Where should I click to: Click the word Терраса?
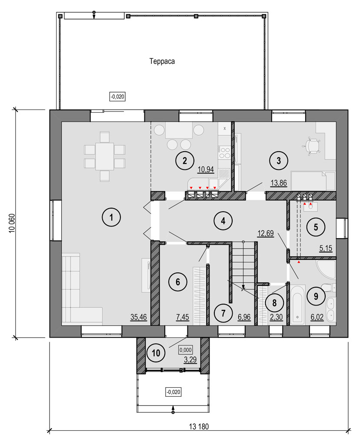pos(162,61)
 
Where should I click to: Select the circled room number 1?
pos(111,217)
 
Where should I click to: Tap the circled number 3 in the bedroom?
pos(279,161)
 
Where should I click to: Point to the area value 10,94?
pos(206,169)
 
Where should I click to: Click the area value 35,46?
pos(139,317)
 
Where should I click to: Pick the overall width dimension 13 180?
pos(199,426)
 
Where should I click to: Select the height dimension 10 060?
pos(12,223)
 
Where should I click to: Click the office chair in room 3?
pos(311,146)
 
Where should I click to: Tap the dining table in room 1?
pos(104,156)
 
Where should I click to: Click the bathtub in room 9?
pos(297,305)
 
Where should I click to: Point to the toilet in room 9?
pos(329,288)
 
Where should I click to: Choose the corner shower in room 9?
pos(326,269)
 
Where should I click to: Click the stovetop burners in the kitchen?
pos(224,153)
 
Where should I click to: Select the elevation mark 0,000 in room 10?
pos(185,350)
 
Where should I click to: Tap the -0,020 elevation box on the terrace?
pos(117,96)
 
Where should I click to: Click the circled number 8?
pos(274,303)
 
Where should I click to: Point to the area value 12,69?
pos(266,233)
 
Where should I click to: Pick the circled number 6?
pos(178,282)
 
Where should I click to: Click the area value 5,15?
pos(326,248)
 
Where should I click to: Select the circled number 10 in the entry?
pos(156,353)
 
